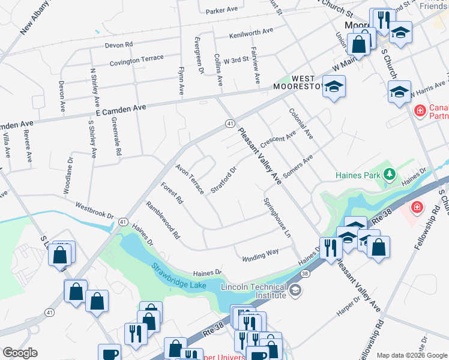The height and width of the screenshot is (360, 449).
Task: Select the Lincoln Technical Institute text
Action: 253,290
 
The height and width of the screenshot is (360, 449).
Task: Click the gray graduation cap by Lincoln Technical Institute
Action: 295,290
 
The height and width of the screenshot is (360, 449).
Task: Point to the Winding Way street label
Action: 260,256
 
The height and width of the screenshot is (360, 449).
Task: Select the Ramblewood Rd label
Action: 163,220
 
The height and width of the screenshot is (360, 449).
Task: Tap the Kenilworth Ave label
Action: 250,32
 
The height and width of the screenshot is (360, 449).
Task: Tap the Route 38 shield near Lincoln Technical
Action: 305,274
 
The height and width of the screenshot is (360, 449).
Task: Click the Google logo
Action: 20,353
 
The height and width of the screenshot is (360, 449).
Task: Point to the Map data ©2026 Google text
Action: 412,355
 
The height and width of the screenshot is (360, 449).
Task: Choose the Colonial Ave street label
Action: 300,124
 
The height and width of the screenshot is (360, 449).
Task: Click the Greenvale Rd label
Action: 115,137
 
